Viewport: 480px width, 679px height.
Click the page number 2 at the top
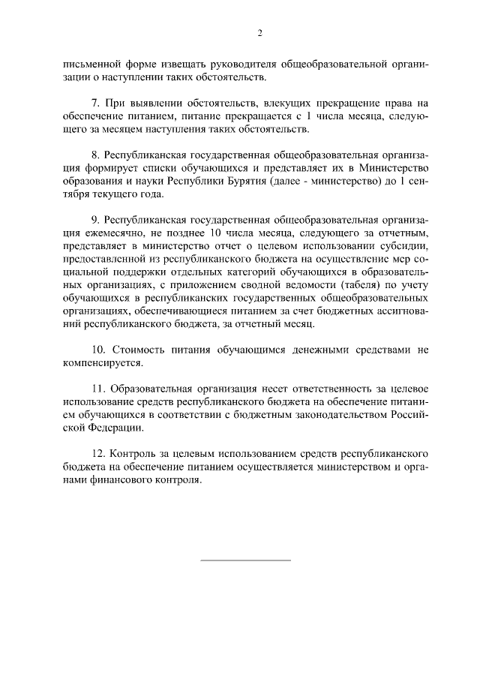pos(259,33)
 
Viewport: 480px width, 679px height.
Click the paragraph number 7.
pos(94,101)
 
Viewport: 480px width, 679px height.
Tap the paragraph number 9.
pos(94,223)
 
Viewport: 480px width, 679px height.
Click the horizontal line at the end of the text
pos(245,560)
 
